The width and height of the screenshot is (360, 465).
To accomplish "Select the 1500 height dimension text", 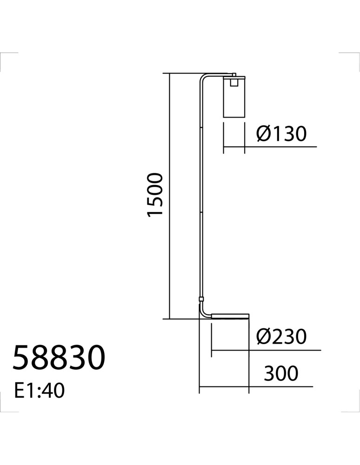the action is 155,195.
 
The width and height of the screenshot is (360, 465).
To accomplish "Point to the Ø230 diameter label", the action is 281,337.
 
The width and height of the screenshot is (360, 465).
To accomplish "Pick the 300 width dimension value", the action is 280,373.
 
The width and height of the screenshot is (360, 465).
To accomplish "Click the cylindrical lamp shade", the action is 234,97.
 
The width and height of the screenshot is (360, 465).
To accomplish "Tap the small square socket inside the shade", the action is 234,82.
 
